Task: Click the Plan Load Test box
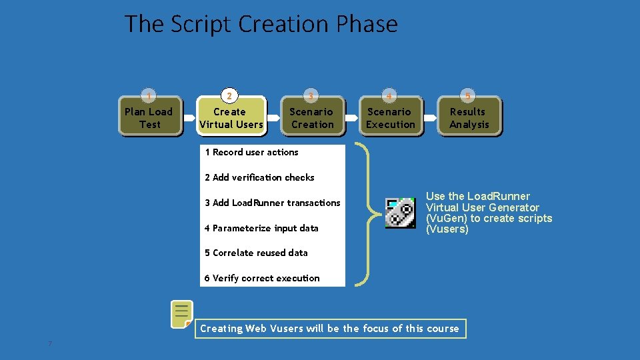point(149,118)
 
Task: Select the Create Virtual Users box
point(231,118)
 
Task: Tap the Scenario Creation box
point(311,118)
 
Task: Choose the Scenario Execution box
point(391,118)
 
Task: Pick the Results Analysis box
point(469,118)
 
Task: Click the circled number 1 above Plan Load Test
point(149,96)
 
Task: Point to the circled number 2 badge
point(229,96)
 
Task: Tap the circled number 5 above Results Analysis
point(468,96)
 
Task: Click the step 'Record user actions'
point(251,153)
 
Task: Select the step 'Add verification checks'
point(259,177)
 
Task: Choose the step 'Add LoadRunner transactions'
point(272,203)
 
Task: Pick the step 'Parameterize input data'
point(261,228)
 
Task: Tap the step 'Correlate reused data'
point(256,253)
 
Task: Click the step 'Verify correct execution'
point(262,278)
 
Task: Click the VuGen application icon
point(401,213)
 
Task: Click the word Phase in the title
point(367,24)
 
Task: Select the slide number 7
point(50,344)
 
